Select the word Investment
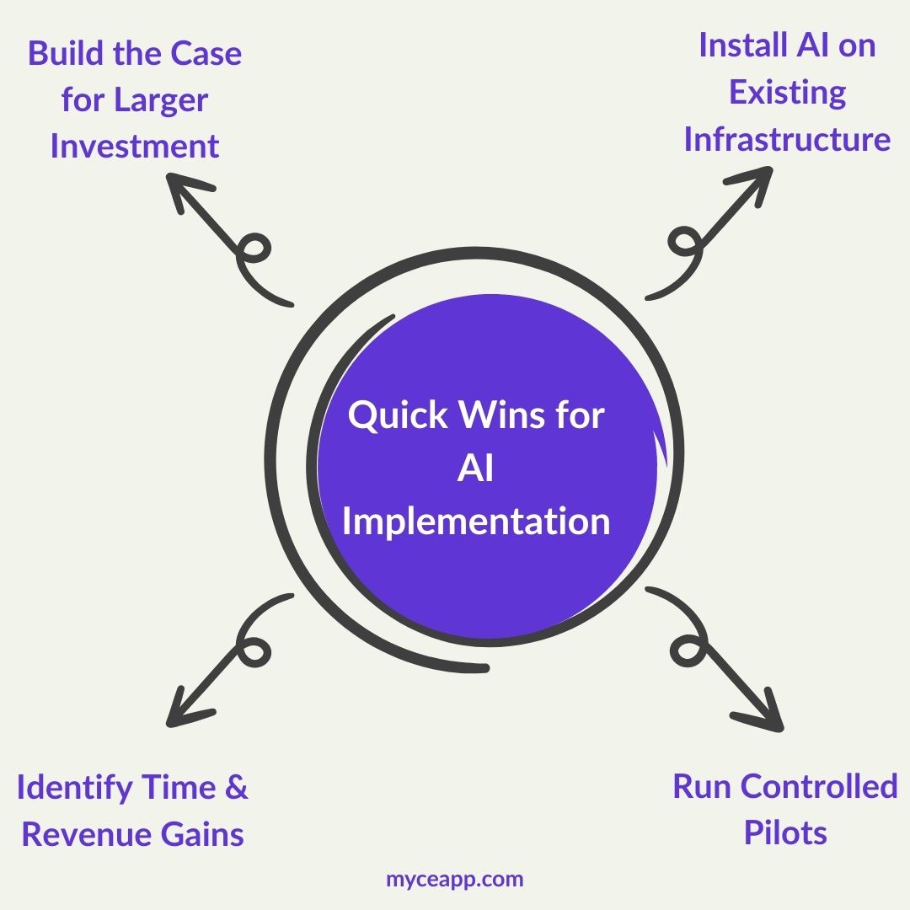pyautogui.click(x=135, y=147)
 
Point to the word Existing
pyautogui.click(x=787, y=93)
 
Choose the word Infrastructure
pyautogui.click(x=787, y=139)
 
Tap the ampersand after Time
pyautogui.click(x=237, y=789)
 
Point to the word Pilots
pyautogui.click(x=785, y=834)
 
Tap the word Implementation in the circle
pyautogui.click(x=476, y=521)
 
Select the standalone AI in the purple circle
pyautogui.click(x=476, y=468)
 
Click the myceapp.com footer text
pyautogui.click(x=455, y=880)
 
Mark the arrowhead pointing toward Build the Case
pyautogui.click(x=179, y=188)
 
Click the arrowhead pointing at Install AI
pyautogui.click(x=757, y=179)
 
